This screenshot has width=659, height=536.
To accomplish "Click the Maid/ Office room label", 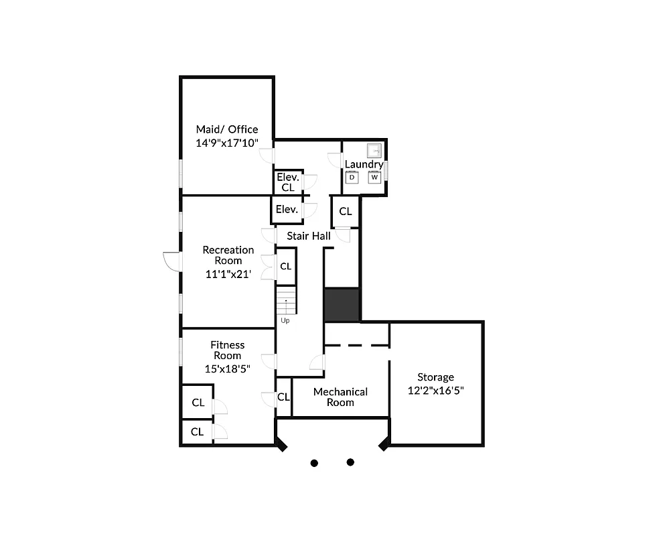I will click(226, 129).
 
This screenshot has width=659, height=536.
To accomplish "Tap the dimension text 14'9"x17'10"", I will click(226, 143).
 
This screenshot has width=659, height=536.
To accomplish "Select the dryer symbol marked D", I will click(352, 177).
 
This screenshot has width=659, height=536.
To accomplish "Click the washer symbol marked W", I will click(374, 177).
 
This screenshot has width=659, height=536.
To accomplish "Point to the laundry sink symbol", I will click(374, 151).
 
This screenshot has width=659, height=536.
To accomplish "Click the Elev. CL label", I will click(288, 182).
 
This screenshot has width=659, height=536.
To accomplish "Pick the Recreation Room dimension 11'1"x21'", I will click(228, 273).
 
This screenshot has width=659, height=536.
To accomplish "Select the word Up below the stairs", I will click(285, 320).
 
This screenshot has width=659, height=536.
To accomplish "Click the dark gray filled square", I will click(342, 305).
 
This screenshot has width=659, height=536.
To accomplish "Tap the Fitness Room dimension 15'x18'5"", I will click(228, 368).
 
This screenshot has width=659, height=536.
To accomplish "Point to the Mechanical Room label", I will click(340, 397).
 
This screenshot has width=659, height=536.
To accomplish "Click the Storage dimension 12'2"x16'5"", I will click(435, 390).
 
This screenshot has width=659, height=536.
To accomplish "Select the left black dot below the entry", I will click(314, 462).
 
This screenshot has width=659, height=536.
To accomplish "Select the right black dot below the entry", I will click(350, 462).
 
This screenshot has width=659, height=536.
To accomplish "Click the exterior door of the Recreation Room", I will click(171, 261).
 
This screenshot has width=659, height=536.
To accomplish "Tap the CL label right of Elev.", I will click(346, 212).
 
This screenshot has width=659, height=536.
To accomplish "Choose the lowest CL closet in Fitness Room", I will click(197, 431).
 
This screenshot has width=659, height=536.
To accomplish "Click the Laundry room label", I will click(364, 164).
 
